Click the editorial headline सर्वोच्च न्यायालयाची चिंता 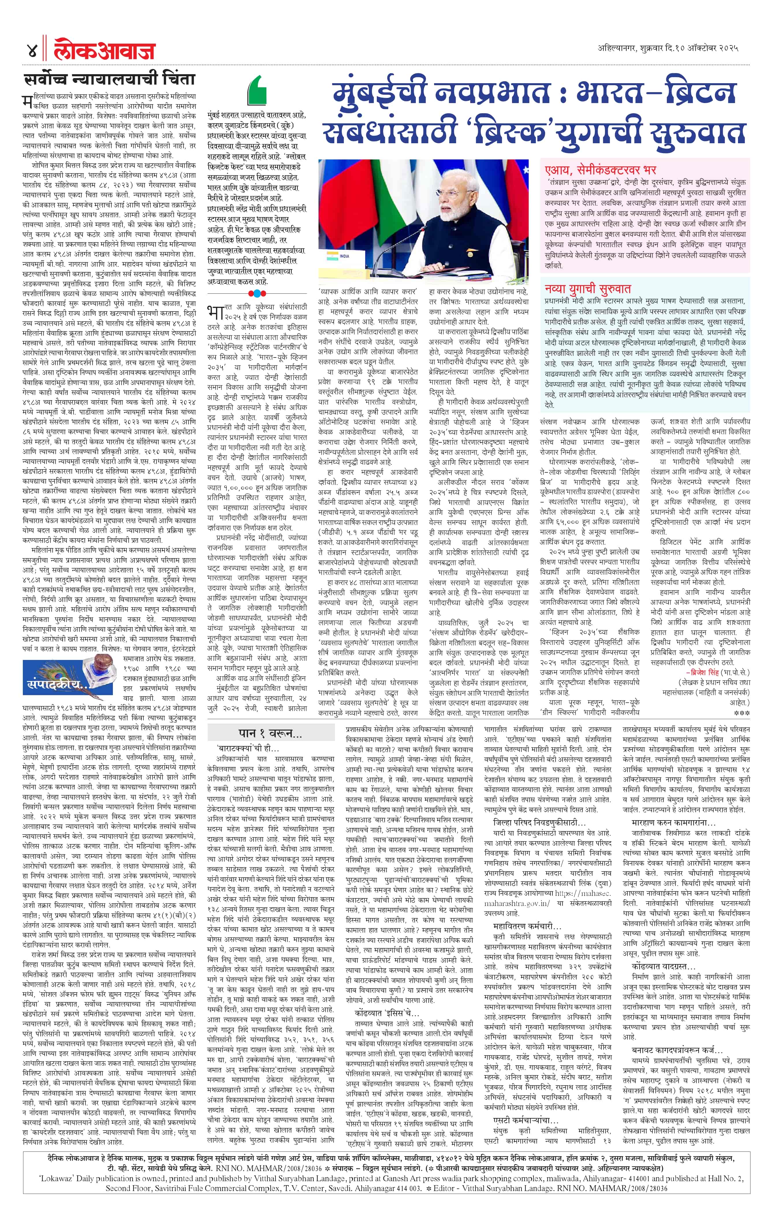click(x=110, y=80)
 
